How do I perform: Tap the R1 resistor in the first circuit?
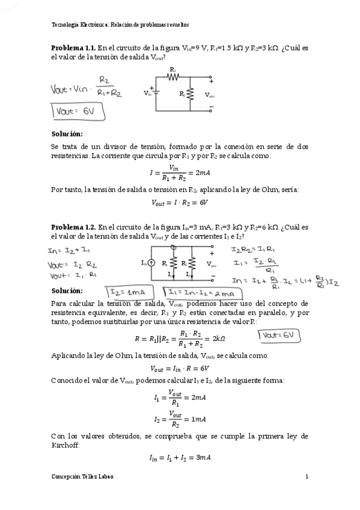pyautogui.click(x=173, y=76)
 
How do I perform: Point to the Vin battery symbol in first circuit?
pyautogui.click(x=156, y=93)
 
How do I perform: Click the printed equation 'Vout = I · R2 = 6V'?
pyautogui.click(x=180, y=203)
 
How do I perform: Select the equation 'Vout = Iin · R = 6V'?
pyautogui.click(x=180, y=368)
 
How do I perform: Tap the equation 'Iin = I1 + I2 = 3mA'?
pyautogui.click(x=180, y=458)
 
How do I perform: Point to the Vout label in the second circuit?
pyautogui.click(x=212, y=264)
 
